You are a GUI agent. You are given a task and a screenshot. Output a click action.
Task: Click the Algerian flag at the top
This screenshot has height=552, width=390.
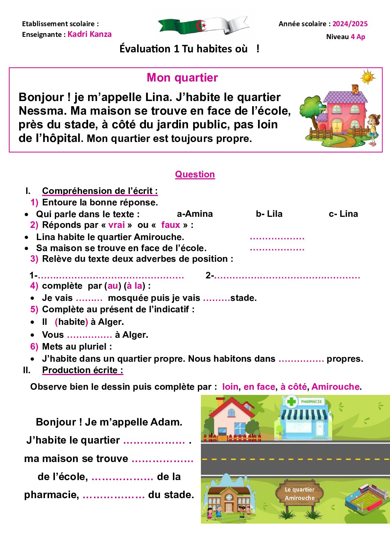click(x=203, y=26)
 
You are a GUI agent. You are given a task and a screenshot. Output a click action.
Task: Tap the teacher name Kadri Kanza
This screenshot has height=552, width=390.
click(x=90, y=34)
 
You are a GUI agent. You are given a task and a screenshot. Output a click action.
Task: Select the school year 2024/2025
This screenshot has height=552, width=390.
click(x=350, y=24)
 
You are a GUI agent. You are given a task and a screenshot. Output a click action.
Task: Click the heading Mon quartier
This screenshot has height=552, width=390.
click(x=182, y=78)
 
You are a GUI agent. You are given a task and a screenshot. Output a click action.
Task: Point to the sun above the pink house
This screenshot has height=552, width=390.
click(x=368, y=77)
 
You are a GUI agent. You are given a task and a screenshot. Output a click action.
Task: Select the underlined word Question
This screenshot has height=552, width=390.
click(x=195, y=174)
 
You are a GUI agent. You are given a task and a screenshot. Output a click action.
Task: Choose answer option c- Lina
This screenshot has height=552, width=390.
click(x=343, y=214)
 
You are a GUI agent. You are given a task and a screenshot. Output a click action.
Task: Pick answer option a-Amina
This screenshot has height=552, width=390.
click(x=195, y=214)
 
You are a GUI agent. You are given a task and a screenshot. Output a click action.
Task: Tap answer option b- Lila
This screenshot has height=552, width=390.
click(x=269, y=214)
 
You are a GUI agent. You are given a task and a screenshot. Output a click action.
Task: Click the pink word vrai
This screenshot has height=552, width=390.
click(x=116, y=225)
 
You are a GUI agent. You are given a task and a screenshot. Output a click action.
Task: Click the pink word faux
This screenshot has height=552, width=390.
click(x=171, y=225)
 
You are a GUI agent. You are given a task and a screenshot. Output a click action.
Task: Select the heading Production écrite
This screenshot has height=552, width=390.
click(x=83, y=370)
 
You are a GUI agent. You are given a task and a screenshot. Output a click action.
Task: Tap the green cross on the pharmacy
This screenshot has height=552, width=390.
click(x=292, y=401)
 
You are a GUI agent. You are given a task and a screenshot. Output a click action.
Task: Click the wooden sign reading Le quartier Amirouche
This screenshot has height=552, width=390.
click(x=300, y=494)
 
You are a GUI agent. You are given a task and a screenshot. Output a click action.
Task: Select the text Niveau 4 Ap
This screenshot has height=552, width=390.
click(x=345, y=37)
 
